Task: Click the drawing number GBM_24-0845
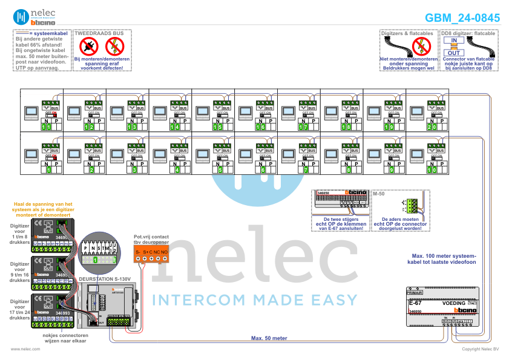(x=462, y=18)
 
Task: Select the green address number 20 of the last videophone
(x=431, y=127)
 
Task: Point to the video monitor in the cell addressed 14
(x=159, y=113)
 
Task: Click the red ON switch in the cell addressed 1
(x=53, y=157)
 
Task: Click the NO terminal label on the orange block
(x=164, y=251)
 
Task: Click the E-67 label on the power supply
(x=415, y=302)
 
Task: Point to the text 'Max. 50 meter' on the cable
(x=269, y=338)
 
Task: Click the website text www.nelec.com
(x=25, y=349)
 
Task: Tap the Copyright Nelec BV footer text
(x=480, y=349)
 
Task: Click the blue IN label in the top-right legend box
(x=457, y=40)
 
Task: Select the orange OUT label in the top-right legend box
(x=457, y=53)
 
